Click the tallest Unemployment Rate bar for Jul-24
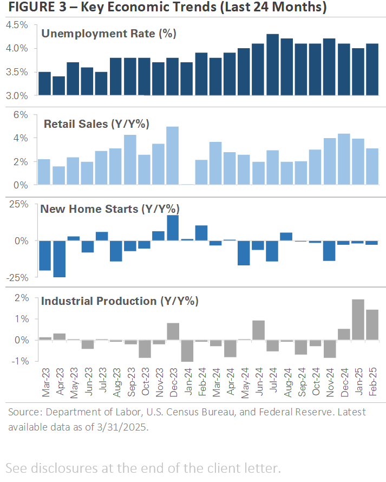(x=272, y=65)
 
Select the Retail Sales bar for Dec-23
(x=173, y=156)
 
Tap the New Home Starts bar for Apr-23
(x=59, y=259)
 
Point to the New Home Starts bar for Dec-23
(x=173, y=228)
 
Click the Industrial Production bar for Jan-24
(x=187, y=350)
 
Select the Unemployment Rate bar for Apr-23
(x=59, y=86)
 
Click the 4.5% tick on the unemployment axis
(x=17, y=25)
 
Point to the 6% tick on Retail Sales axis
(x=21, y=115)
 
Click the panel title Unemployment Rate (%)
(x=109, y=34)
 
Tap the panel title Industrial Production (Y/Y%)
(x=120, y=301)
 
